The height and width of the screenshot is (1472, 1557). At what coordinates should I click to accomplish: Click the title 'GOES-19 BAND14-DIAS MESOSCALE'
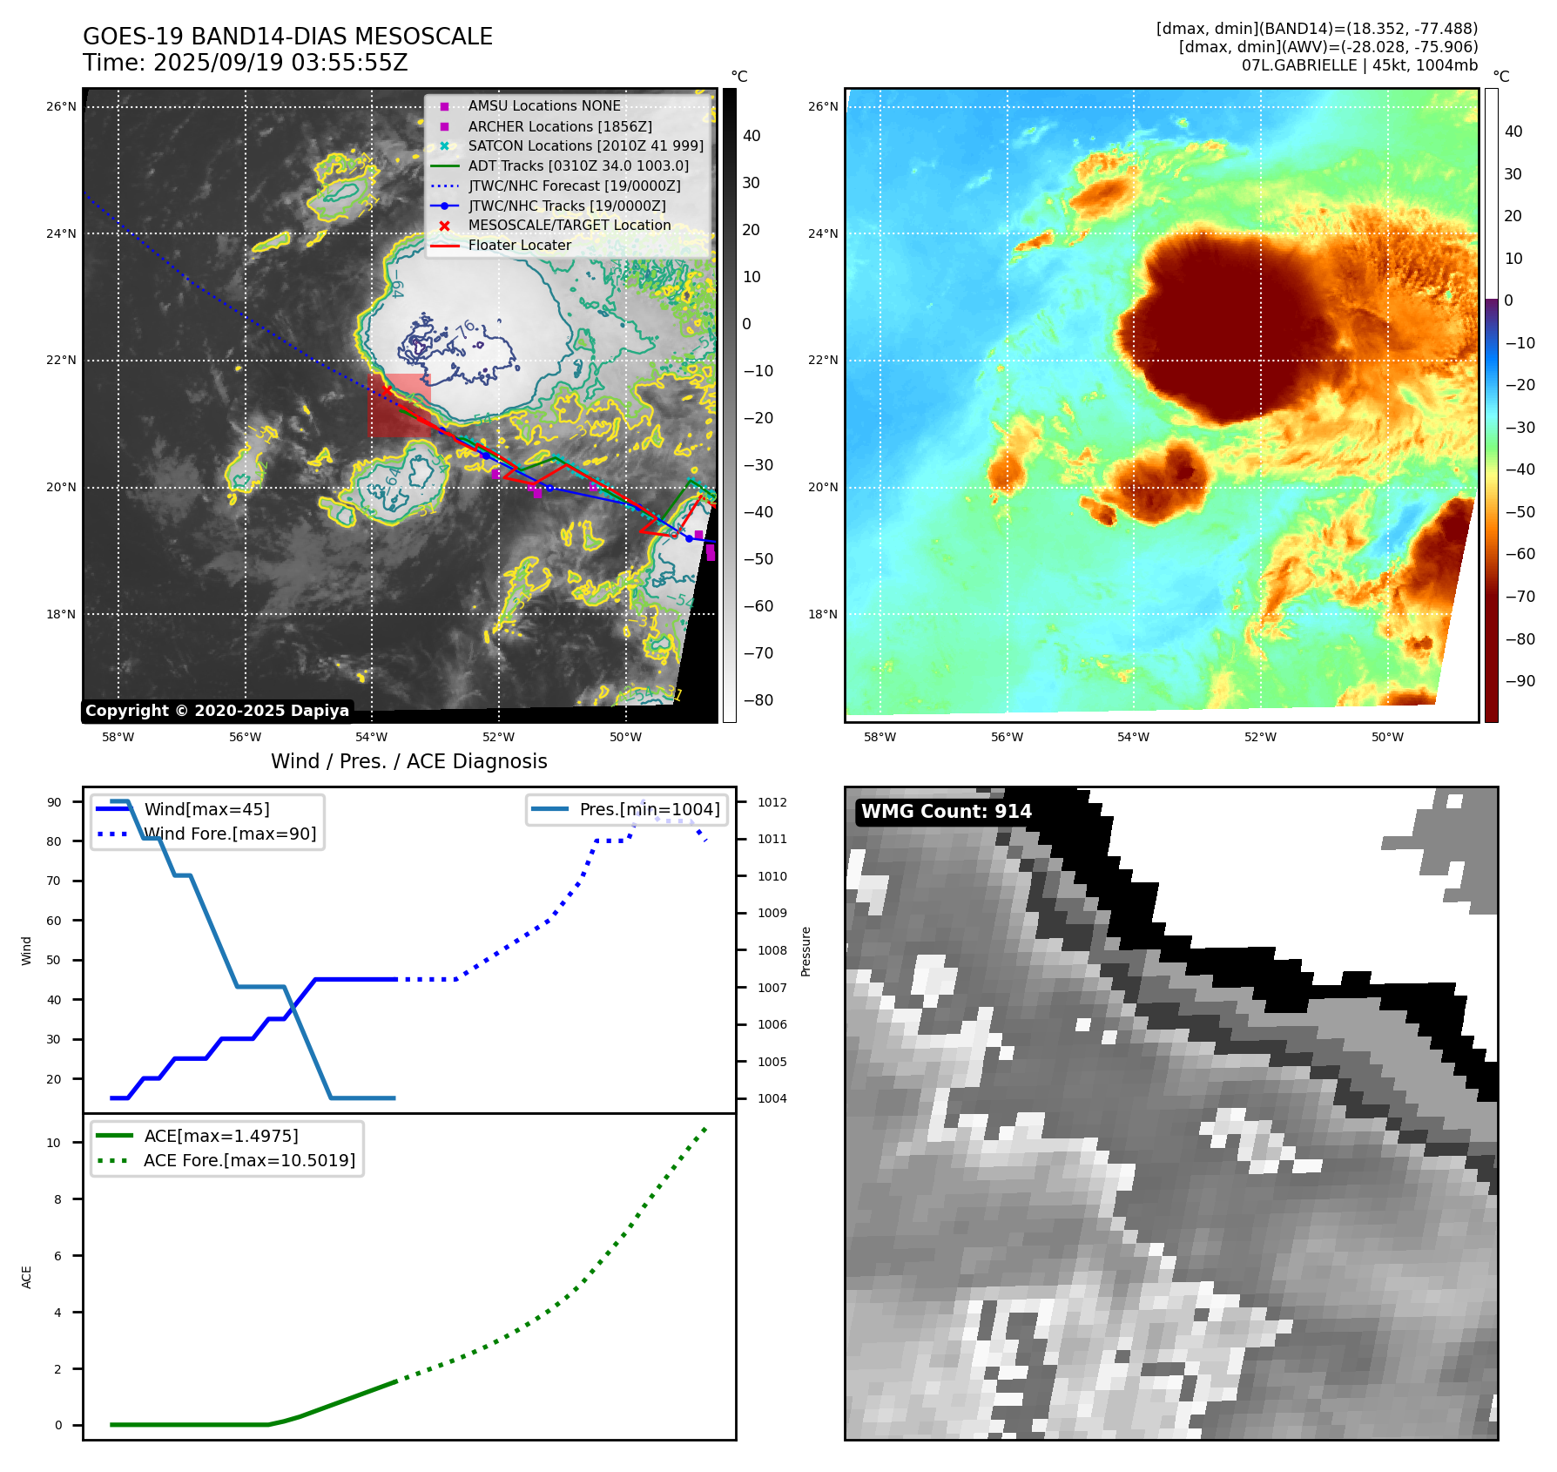(287, 37)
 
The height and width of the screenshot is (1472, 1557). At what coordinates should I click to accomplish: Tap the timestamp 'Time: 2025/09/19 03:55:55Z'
(246, 63)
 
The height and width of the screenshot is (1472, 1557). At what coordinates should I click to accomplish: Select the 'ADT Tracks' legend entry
(578, 165)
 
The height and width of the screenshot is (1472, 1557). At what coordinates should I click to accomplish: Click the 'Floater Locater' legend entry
(519, 245)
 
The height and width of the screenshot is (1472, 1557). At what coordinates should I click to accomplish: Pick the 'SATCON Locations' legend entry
(585, 145)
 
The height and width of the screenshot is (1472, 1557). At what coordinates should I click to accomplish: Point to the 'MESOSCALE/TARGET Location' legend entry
(570, 225)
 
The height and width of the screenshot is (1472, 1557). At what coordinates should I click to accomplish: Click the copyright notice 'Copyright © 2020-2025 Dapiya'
(217, 711)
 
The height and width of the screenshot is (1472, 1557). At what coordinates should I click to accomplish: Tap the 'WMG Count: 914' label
(946, 812)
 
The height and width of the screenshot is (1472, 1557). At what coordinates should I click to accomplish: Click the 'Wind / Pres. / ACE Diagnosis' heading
(408, 761)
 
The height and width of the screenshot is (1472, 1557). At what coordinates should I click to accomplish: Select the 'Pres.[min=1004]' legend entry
(650, 809)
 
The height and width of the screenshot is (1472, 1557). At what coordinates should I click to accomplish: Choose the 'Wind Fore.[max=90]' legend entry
(230, 834)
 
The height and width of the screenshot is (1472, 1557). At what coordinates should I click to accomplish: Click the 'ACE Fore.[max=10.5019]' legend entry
(249, 1160)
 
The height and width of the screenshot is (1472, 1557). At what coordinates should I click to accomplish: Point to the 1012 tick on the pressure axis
(772, 802)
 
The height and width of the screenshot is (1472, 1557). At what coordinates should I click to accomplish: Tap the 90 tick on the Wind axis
(54, 802)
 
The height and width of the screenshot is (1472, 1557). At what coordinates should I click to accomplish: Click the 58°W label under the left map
(118, 737)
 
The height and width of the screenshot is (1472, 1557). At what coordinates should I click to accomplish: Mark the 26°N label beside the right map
(823, 107)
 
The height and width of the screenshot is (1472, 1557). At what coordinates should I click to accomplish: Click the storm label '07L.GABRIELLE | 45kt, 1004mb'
(1359, 65)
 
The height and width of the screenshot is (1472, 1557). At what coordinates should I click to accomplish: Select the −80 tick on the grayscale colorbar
(758, 700)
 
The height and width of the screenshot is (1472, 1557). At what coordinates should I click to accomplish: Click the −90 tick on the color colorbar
(1520, 681)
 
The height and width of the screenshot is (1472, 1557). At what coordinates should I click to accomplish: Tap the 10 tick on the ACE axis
(54, 1143)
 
